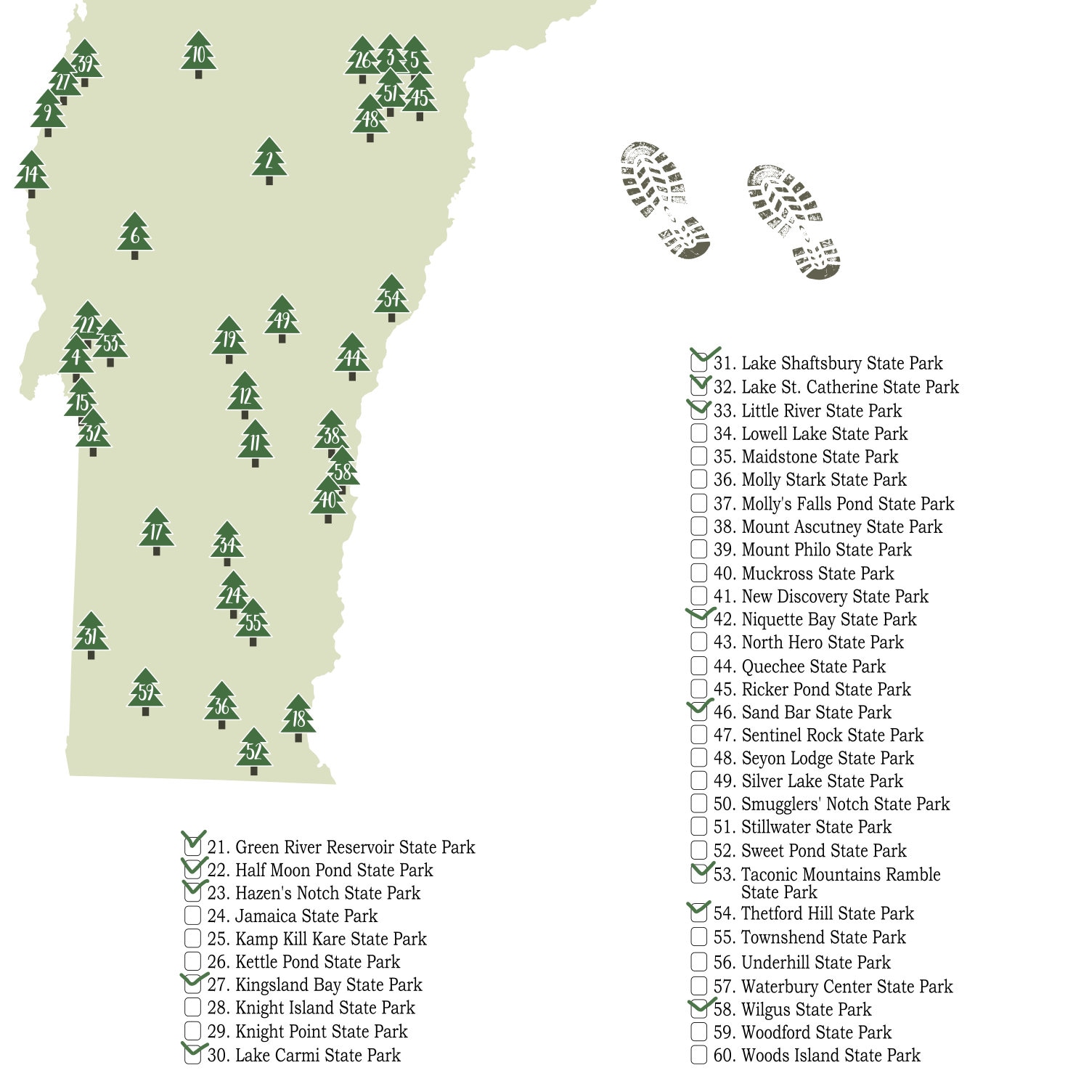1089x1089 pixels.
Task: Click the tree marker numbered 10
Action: point(198,54)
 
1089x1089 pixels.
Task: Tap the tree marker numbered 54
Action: point(391,298)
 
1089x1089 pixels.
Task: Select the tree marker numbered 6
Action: point(134,236)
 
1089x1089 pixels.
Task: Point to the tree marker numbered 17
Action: point(156,531)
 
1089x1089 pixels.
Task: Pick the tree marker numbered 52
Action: point(253,751)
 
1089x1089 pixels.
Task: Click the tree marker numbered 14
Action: point(31,174)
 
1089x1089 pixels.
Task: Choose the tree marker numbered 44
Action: point(352,357)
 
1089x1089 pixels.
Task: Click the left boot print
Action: point(664,200)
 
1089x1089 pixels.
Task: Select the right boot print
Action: point(794,221)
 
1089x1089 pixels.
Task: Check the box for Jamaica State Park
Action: point(192,915)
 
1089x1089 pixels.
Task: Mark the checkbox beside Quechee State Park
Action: point(698,666)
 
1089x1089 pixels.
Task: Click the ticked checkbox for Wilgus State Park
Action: point(698,1009)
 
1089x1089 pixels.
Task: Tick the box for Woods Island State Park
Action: point(698,1055)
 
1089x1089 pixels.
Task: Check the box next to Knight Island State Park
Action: point(192,1008)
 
